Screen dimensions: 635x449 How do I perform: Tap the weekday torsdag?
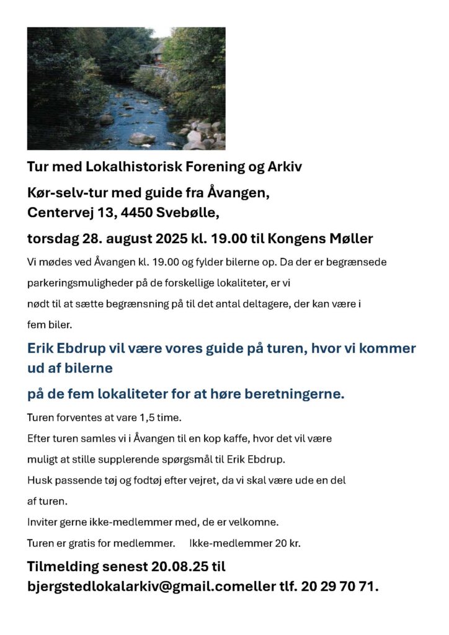tap(53, 239)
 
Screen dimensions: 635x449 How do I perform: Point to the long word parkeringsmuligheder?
tap(79, 283)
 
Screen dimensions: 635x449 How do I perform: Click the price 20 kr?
tap(287, 543)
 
